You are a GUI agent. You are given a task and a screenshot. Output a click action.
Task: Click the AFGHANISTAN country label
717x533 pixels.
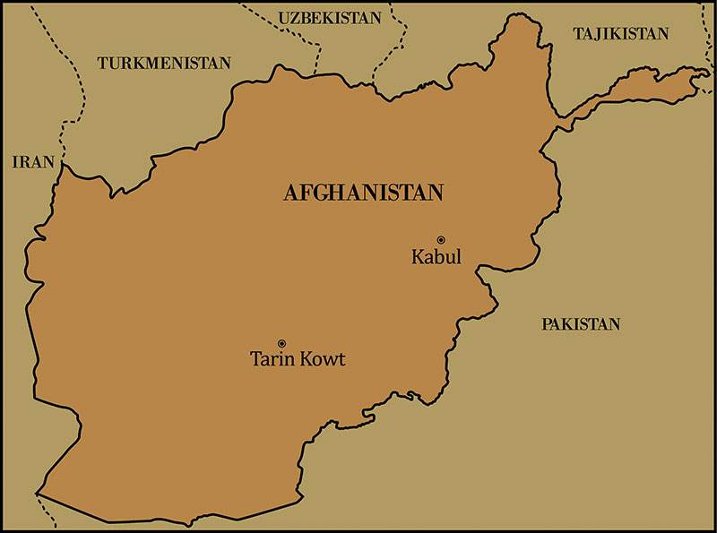pyautogui.click(x=364, y=193)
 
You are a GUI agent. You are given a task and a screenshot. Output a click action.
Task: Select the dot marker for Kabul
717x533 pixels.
pyautogui.click(x=441, y=239)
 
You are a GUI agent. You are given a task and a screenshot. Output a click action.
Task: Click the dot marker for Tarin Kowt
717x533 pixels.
pyautogui.click(x=281, y=343)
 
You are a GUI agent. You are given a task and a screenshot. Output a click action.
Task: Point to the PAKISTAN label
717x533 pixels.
pyautogui.click(x=580, y=324)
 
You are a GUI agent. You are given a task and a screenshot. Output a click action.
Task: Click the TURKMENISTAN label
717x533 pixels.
pyautogui.click(x=164, y=64)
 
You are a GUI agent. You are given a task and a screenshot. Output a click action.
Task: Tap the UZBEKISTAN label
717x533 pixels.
pyautogui.click(x=329, y=18)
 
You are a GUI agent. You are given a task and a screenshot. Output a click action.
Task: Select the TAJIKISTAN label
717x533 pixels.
pyautogui.click(x=620, y=34)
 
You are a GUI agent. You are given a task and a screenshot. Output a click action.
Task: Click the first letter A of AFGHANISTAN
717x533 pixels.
pyautogui.click(x=290, y=193)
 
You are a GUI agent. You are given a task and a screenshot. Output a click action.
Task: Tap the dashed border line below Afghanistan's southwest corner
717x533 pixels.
pyautogui.click(x=45, y=511)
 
